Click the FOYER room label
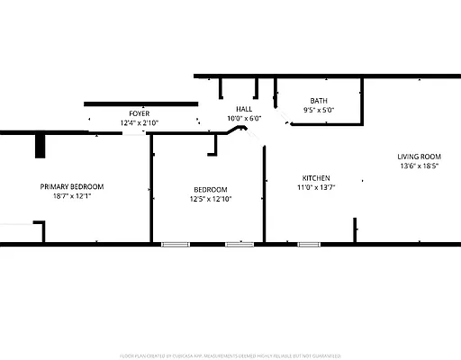click(x=139, y=113)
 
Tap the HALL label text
click(x=244, y=108)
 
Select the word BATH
click(x=319, y=101)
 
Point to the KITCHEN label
click(x=315, y=177)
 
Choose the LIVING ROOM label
click(x=421, y=157)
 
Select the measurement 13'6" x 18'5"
click(x=421, y=166)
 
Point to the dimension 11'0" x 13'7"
click(x=315, y=186)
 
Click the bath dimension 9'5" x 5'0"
click(x=319, y=110)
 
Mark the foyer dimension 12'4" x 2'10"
click(x=139, y=122)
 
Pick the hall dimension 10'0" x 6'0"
click(x=244, y=117)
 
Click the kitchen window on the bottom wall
click(x=309, y=243)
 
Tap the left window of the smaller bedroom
click(x=175, y=243)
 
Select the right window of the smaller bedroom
click(x=240, y=243)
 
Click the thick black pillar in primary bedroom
click(x=40, y=145)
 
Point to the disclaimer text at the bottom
click(x=230, y=355)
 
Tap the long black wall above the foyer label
click(x=140, y=104)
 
